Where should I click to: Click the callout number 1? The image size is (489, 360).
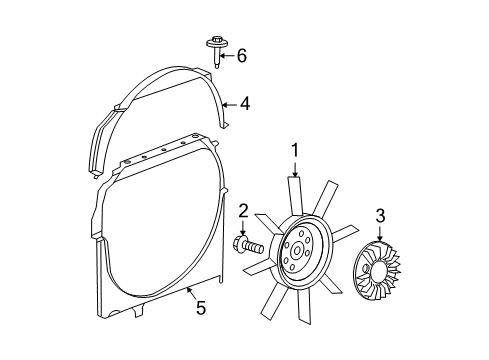(x=295, y=150)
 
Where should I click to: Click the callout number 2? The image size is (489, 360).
(x=243, y=209)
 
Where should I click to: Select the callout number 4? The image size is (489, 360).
(x=244, y=103)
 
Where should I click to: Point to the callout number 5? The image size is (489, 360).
(x=200, y=309)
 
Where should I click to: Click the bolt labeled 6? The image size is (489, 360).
(x=216, y=49)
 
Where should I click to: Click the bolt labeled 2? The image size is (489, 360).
(x=249, y=244)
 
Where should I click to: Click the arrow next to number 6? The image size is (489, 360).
(x=228, y=56)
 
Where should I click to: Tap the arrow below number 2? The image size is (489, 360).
(x=243, y=226)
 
